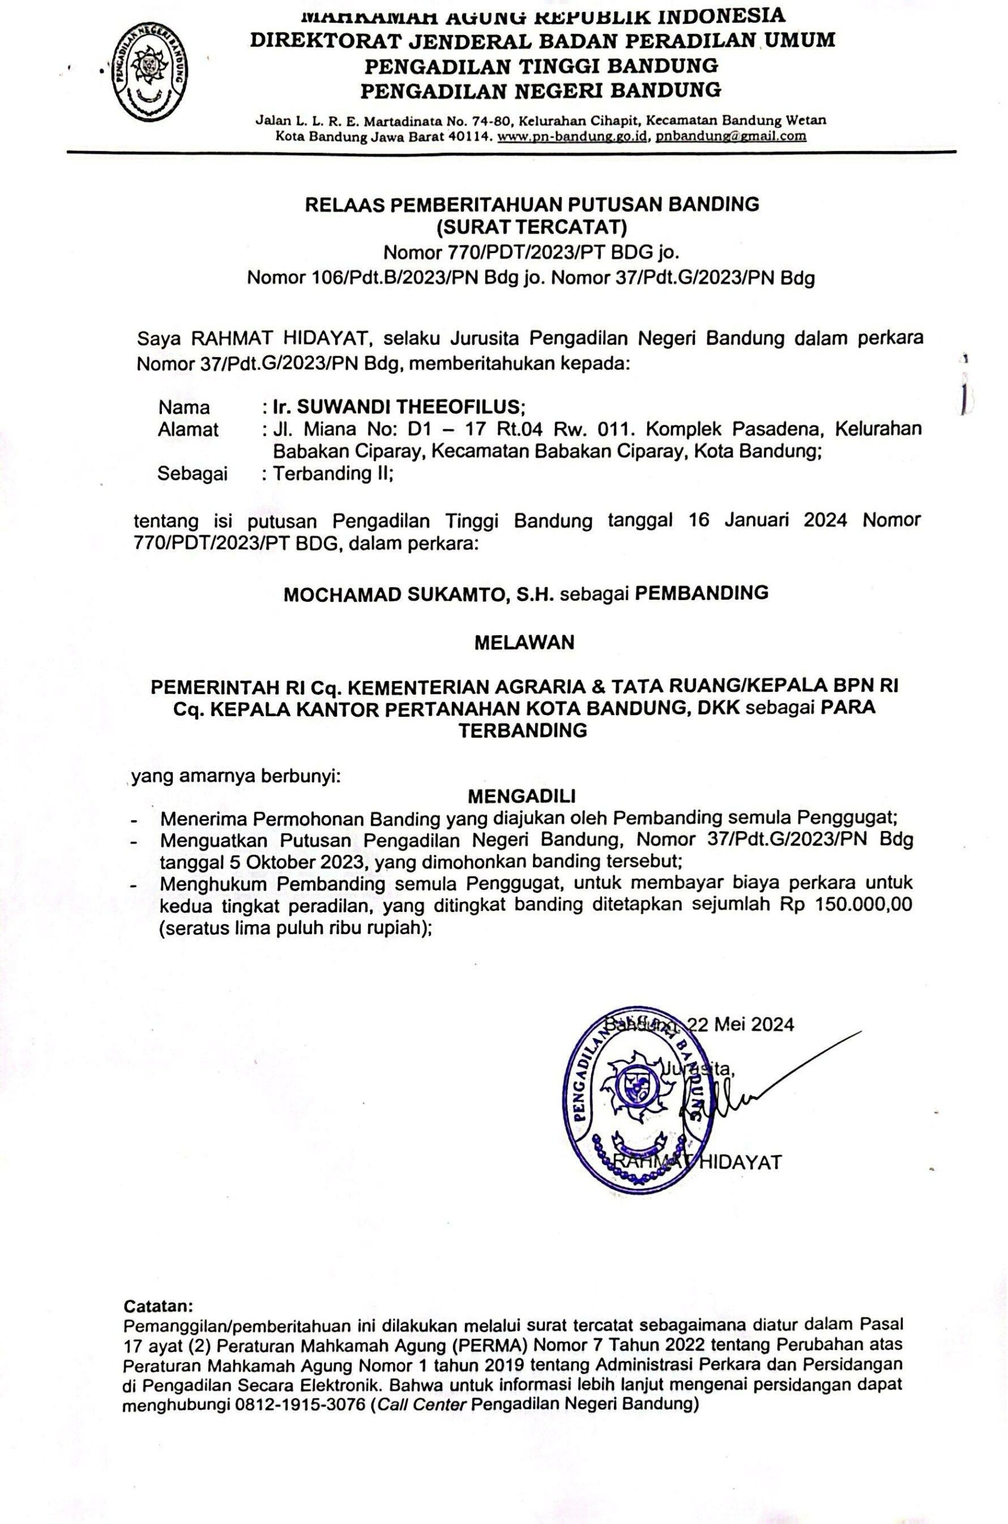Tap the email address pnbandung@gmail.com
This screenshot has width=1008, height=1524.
(x=731, y=136)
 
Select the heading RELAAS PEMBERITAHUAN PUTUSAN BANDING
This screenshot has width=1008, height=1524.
(x=532, y=204)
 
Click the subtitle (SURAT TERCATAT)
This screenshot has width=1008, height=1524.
(x=531, y=227)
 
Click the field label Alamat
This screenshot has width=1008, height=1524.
(x=188, y=429)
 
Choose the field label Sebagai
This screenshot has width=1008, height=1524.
(x=192, y=474)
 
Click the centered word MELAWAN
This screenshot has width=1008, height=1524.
(x=524, y=643)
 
